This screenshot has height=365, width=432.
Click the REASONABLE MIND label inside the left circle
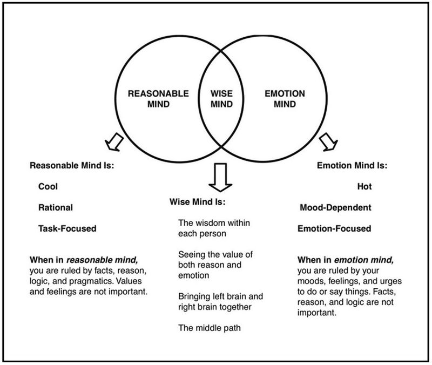click(159, 98)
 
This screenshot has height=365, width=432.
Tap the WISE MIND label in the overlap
click(221, 98)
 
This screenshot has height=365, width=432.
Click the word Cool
click(48, 186)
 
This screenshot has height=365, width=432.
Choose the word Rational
click(55, 207)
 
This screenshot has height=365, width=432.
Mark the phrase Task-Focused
click(67, 228)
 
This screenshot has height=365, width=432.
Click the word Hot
click(364, 186)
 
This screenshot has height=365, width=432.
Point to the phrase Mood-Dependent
click(335, 207)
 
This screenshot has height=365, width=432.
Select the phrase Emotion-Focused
click(335, 228)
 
